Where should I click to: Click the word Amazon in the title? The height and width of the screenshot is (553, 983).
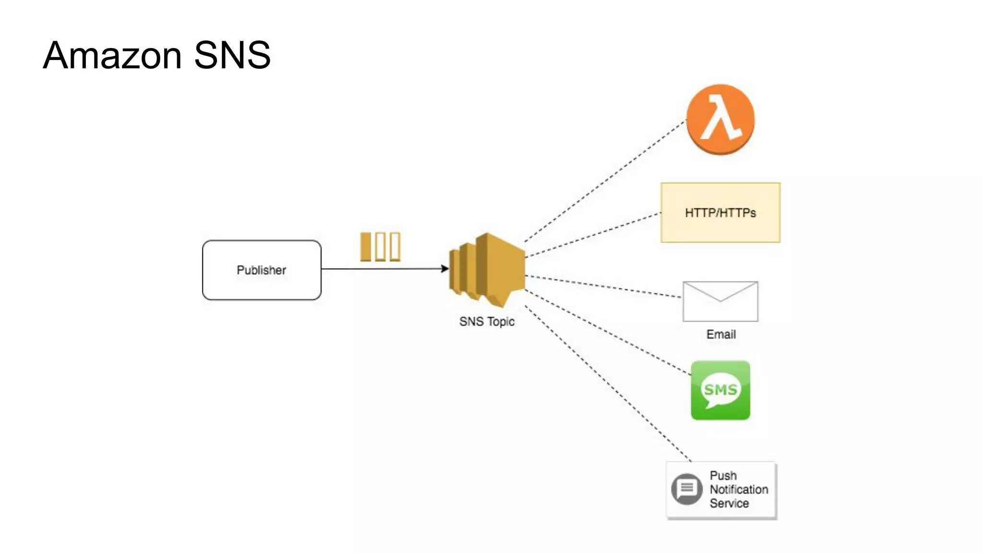coord(112,56)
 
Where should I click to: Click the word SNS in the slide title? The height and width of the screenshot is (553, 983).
coord(232,56)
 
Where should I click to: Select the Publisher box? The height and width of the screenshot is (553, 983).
coord(262,270)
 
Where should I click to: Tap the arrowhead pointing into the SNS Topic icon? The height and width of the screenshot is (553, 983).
coord(445,269)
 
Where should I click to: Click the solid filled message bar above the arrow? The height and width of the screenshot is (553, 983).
coord(366,247)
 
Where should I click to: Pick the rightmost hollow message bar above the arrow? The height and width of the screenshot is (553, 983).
coord(395,247)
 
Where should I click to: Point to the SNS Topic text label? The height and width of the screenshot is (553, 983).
coord(487,322)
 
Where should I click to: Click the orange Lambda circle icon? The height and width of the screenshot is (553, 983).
coord(720,119)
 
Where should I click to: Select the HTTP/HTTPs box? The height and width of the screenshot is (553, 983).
coord(720,213)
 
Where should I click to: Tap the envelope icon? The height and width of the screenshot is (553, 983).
coord(720,301)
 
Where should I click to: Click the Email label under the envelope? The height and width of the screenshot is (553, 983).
coord(720,335)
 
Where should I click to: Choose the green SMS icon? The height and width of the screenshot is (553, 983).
coord(720,390)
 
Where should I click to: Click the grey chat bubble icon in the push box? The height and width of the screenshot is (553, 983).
coord(687,489)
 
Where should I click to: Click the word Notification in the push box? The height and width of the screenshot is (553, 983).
coord(739,490)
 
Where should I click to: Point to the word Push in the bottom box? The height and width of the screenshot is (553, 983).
coord(723,476)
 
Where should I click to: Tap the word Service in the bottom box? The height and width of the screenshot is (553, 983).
coord(729,504)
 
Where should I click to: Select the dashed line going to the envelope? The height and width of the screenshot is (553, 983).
coord(603,287)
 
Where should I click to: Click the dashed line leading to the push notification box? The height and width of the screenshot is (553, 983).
coord(608,383)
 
